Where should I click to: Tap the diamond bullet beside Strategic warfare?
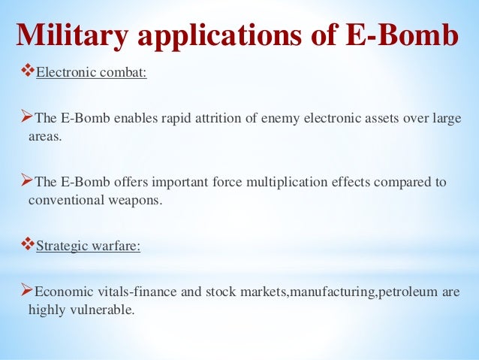click(26, 245)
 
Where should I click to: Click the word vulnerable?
click(104, 310)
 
